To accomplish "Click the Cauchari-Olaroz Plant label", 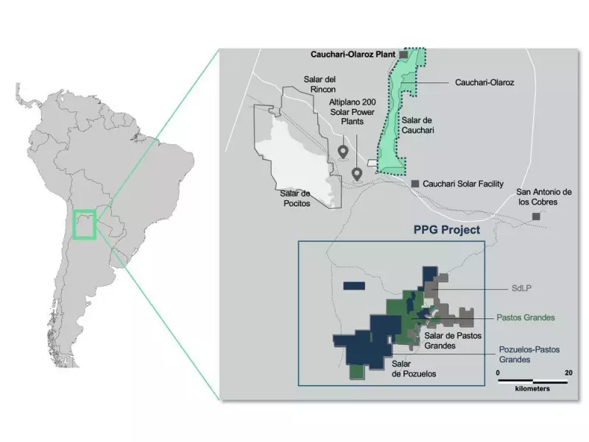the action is pos(353,55).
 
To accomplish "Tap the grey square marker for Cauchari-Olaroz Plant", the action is pos(403,55).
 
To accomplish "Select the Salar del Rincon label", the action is pos(319,85).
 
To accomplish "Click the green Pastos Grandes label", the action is pos(525,318).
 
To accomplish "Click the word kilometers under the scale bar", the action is pos(532,388).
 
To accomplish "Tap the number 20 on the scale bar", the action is pos(568,373).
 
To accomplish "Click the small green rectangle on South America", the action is pos(85,224).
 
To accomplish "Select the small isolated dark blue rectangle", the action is pos(355,285).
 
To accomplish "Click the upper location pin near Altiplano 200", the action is pos(343,152).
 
